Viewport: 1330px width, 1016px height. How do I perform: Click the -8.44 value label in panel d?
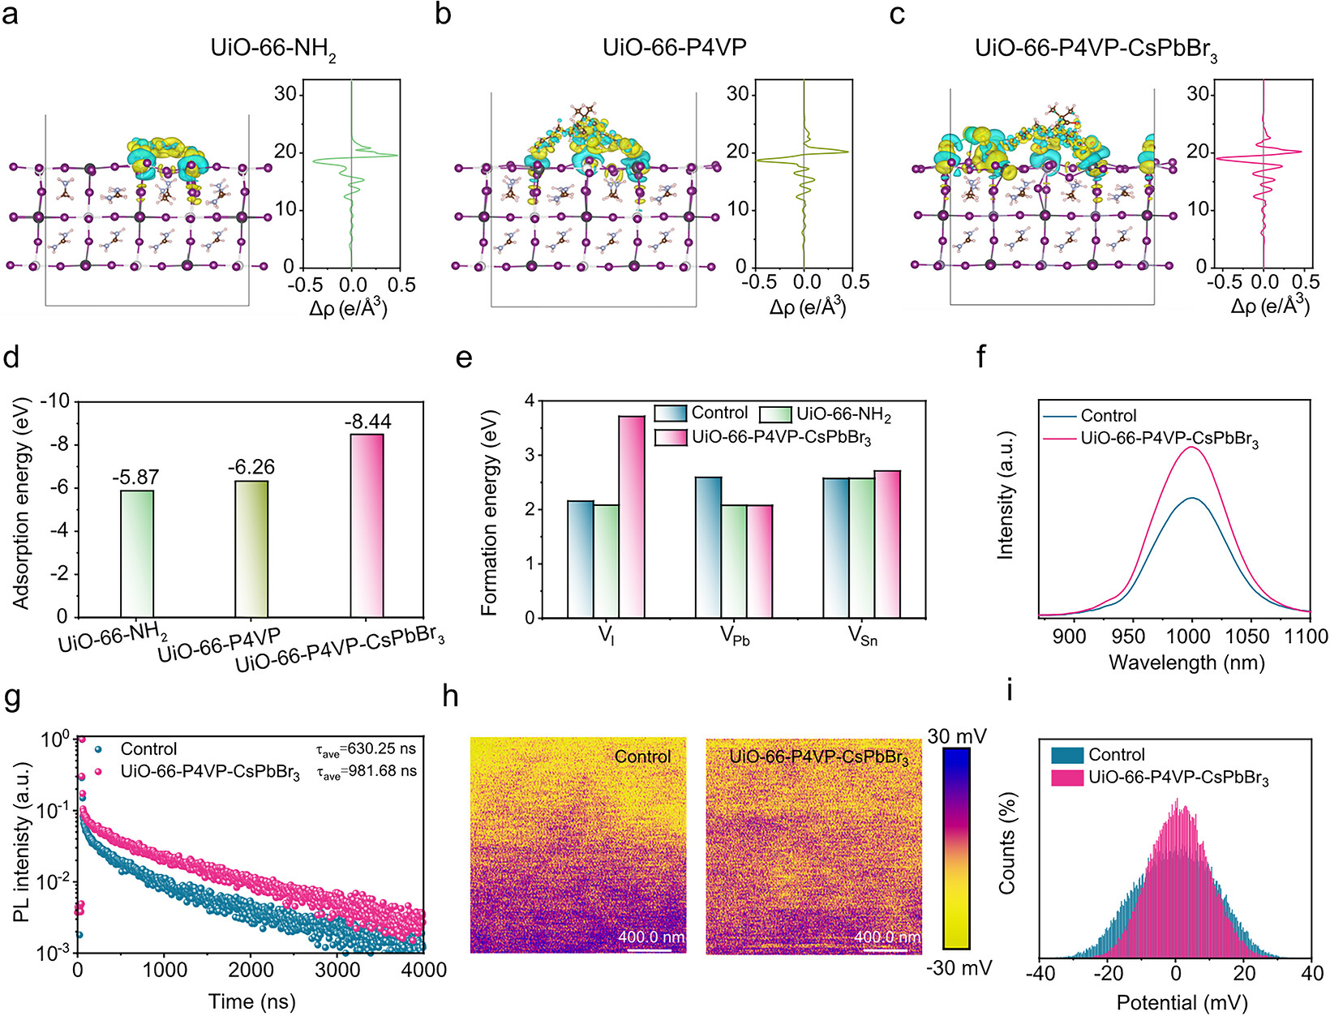(368, 421)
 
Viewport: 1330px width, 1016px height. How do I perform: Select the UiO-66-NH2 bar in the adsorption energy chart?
(137, 553)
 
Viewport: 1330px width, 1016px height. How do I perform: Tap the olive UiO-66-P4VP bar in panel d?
(251, 548)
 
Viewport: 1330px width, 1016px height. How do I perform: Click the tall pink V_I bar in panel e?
(632, 517)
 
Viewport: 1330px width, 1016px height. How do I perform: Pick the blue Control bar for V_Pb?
(708, 547)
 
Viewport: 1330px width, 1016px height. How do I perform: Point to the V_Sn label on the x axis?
(862, 636)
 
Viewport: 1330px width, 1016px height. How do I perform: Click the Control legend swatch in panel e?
(670, 414)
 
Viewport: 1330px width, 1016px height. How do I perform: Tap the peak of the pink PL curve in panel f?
(1192, 447)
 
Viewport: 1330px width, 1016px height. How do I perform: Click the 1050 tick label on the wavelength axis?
(1250, 637)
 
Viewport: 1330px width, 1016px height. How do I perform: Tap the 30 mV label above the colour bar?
(957, 736)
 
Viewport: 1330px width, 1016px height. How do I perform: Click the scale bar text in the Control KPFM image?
(650, 937)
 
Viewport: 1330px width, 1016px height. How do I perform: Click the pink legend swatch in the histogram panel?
(1067, 778)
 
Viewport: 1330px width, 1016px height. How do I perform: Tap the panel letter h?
(450, 697)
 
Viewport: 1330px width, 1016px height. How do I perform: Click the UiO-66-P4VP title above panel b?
(674, 47)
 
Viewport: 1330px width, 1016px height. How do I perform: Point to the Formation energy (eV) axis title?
(489, 512)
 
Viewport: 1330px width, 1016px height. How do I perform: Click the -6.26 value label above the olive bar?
(251, 466)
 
